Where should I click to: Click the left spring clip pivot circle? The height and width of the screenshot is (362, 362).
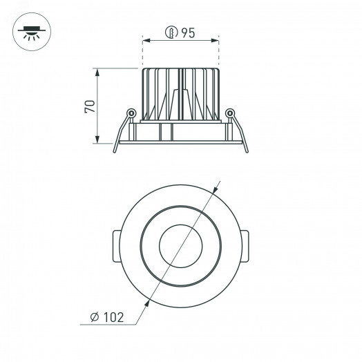tap(130, 113)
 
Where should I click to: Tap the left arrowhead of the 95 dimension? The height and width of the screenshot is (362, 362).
tap(146, 41)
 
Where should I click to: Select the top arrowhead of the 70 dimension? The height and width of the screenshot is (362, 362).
tap(98, 71)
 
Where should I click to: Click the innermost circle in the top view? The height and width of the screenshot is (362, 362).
tap(180, 245)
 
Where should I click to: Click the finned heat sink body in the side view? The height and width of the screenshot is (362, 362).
tap(180, 93)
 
